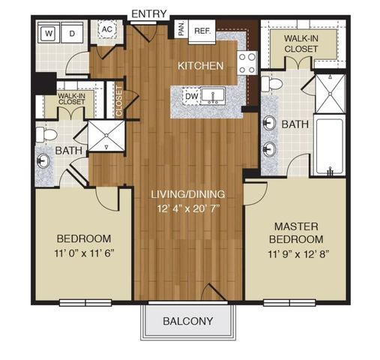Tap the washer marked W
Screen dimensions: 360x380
point(49,33)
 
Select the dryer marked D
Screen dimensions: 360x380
point(73,33)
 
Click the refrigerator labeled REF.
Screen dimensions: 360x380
point(202,31)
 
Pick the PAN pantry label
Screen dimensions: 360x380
point(181,30)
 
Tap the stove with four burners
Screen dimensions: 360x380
point(247,61)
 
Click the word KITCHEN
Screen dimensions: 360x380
point(200,66)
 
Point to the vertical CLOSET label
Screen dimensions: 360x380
point(120,103)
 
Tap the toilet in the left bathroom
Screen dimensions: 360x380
point(47,133)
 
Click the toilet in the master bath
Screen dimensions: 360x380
point(273,82)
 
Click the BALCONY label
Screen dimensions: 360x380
point(187,321)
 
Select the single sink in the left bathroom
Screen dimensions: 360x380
point(43,160)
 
